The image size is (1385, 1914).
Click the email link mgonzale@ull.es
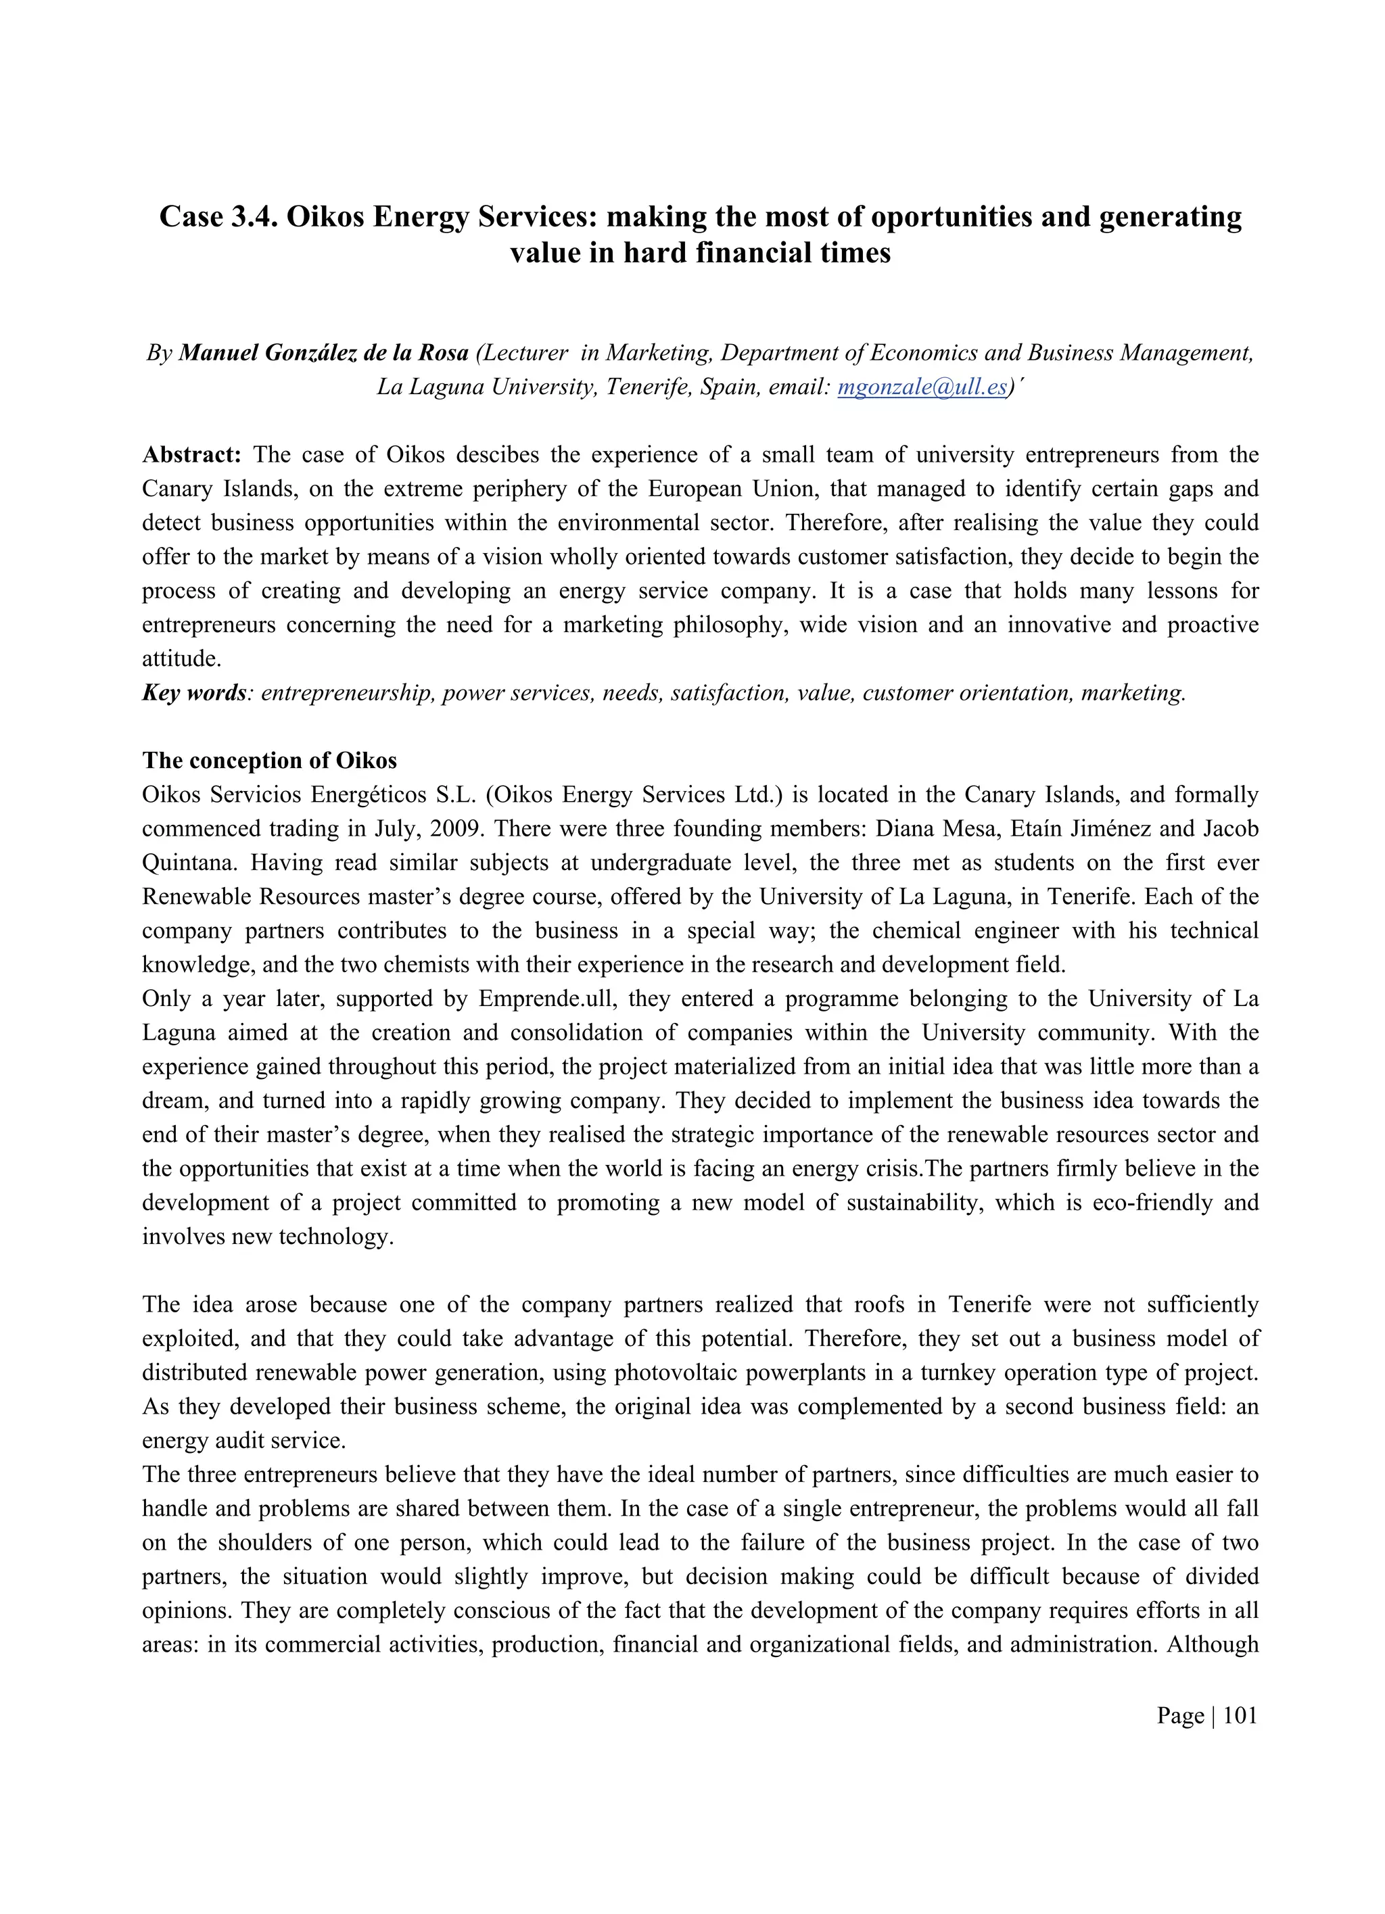tap(922, 387)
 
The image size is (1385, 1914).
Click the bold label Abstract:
tap(191, 455)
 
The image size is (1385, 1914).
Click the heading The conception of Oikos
tap(269, 761)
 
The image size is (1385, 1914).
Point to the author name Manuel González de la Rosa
tap(323, 353)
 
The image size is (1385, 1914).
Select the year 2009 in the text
tap(456, 829)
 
